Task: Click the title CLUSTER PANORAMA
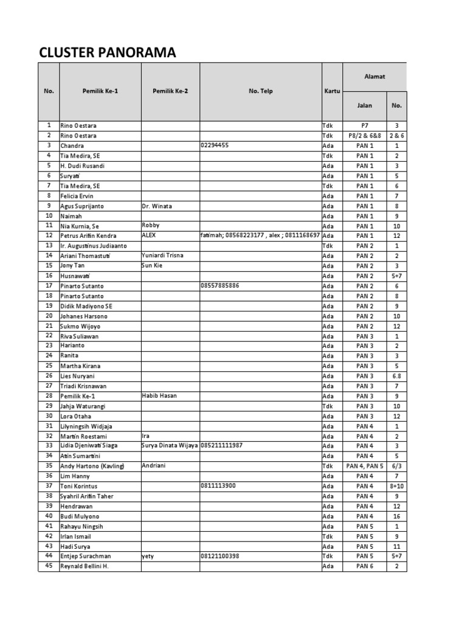(108, 54)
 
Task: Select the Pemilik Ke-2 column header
(170, 91)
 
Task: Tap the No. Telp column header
(261, 91)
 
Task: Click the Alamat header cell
(375, 77)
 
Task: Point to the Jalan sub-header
(364, 105)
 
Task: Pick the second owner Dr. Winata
(157, 206)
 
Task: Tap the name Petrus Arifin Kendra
(89, 235)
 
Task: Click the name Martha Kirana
(80, 366)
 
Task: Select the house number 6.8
(396, 376)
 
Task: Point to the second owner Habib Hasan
(159, 395)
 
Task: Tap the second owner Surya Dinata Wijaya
(170, 445)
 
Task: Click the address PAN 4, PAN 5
(364, 466)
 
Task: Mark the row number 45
(49, 566)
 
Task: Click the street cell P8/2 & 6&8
(364, 136)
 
